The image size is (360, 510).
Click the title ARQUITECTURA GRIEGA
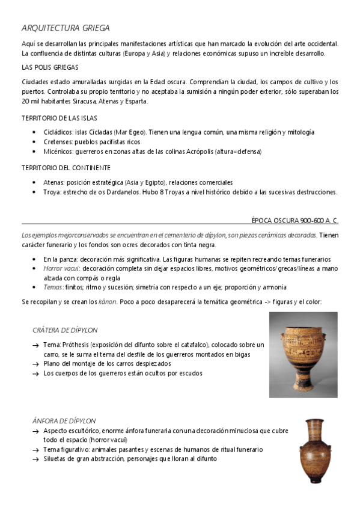click(66, 28)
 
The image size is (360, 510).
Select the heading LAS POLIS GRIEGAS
click(49, 67)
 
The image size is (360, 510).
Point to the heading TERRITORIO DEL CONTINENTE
click(66, 168)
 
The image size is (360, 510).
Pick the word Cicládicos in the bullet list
click(58, 132)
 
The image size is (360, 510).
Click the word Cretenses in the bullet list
click(58, 141)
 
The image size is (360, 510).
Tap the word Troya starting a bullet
click(52, 192)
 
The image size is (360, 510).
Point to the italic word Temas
click(53, 287)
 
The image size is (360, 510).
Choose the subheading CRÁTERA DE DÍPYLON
click(65, 330)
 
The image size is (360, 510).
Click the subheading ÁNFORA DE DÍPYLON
click(64, 421)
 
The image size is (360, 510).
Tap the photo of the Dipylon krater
click(303, 354)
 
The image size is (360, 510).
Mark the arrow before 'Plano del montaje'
click(36, 364)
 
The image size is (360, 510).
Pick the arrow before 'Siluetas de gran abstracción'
click(36, 459)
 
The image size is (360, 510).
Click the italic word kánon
click(106, 302)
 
